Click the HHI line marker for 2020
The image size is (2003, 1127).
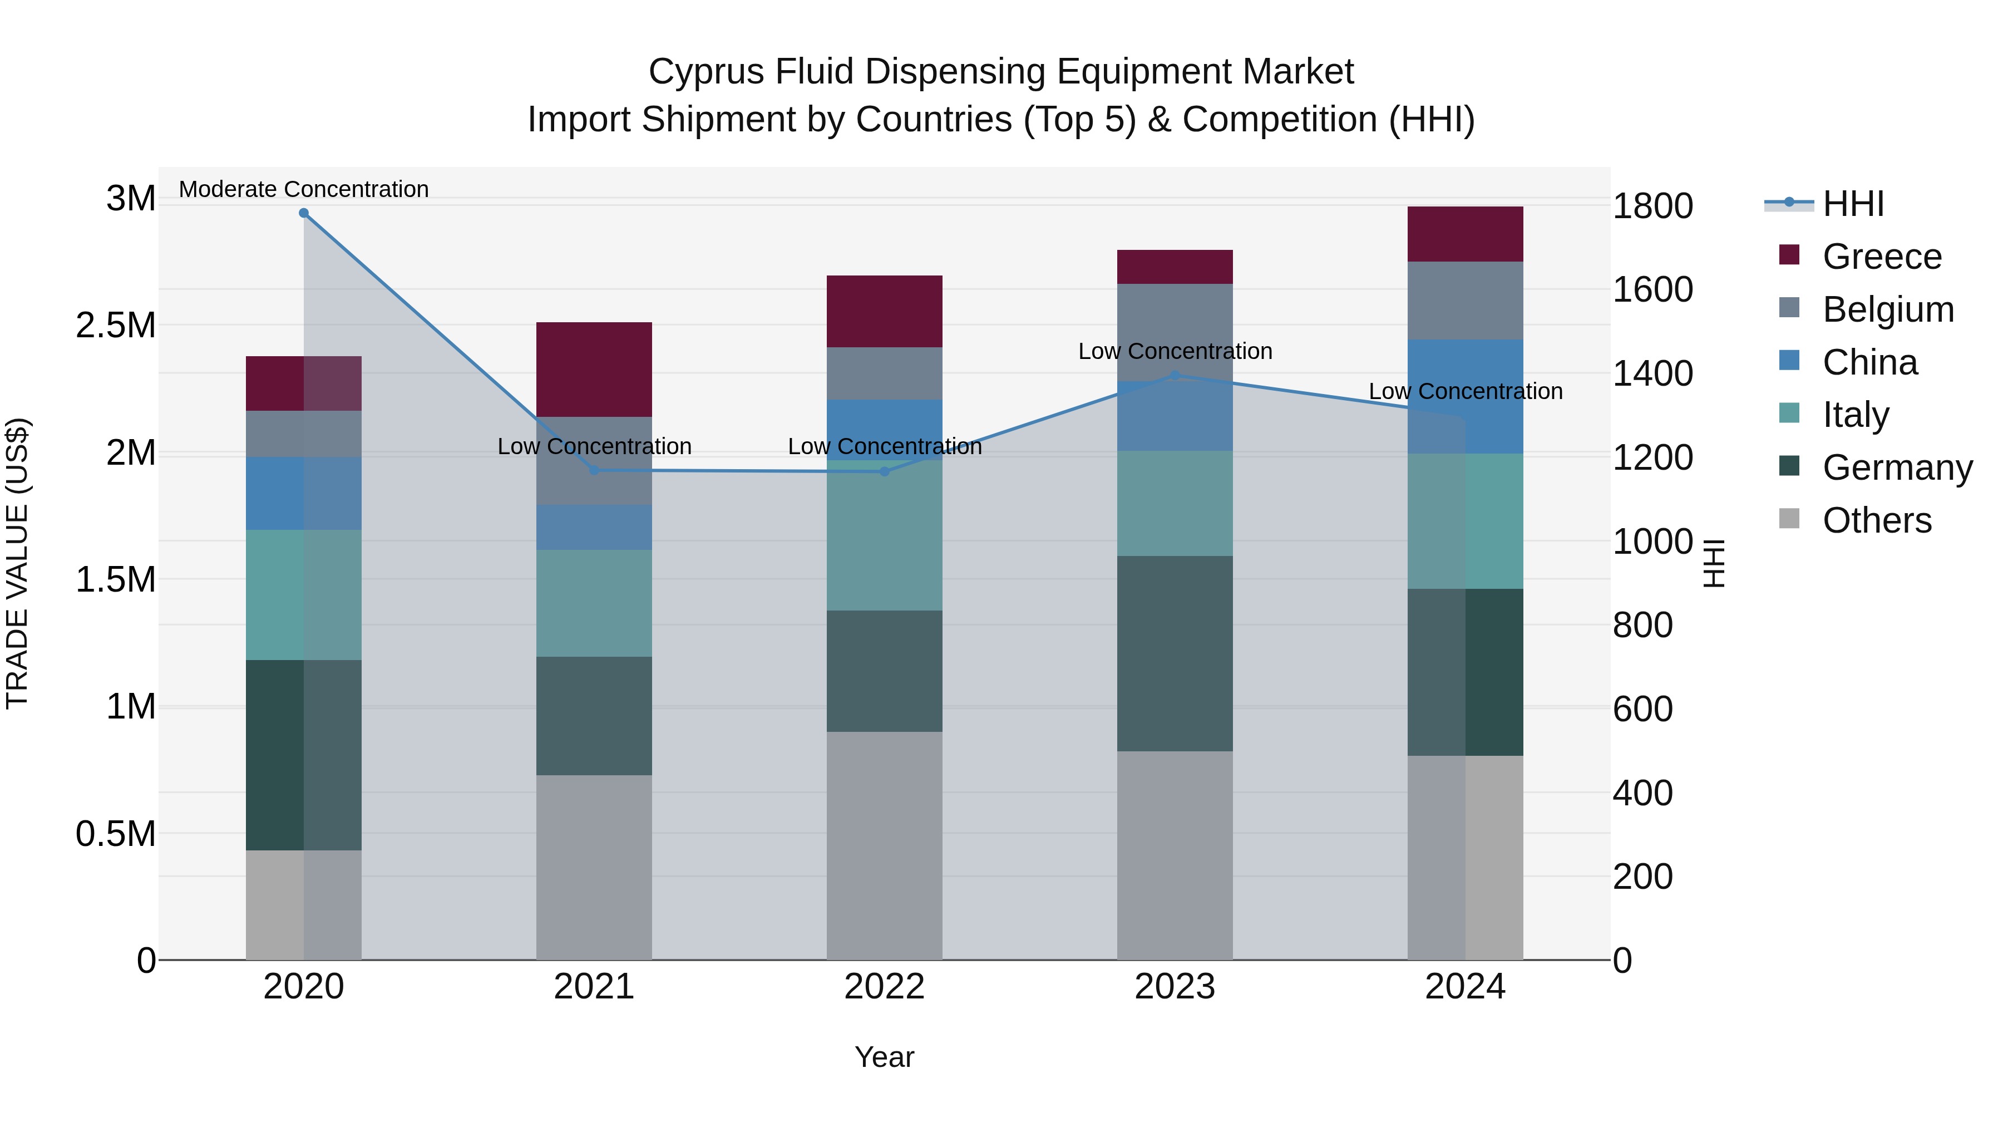point(304,213)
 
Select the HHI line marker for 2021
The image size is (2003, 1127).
point(594,470)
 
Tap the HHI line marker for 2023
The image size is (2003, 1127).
point(1175,376)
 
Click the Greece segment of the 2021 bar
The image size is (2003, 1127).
point(594,370)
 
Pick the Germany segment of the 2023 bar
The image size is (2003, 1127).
point(1175,653)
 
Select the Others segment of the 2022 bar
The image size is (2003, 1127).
point(884,845)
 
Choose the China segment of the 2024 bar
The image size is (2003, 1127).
point(1465,397)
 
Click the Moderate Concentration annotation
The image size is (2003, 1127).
point(304,189)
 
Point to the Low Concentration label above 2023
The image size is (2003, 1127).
point(1175,352)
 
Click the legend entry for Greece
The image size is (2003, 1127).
point(1882,257)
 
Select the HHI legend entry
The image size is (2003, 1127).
point(1853,204)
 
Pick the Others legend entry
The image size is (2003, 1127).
point(1876,520)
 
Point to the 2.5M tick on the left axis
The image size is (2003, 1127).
point(116,325)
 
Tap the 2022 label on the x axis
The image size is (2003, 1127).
point(884,987)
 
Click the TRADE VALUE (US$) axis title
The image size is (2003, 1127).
point(17,563)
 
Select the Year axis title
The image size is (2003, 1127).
point(884,1057)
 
